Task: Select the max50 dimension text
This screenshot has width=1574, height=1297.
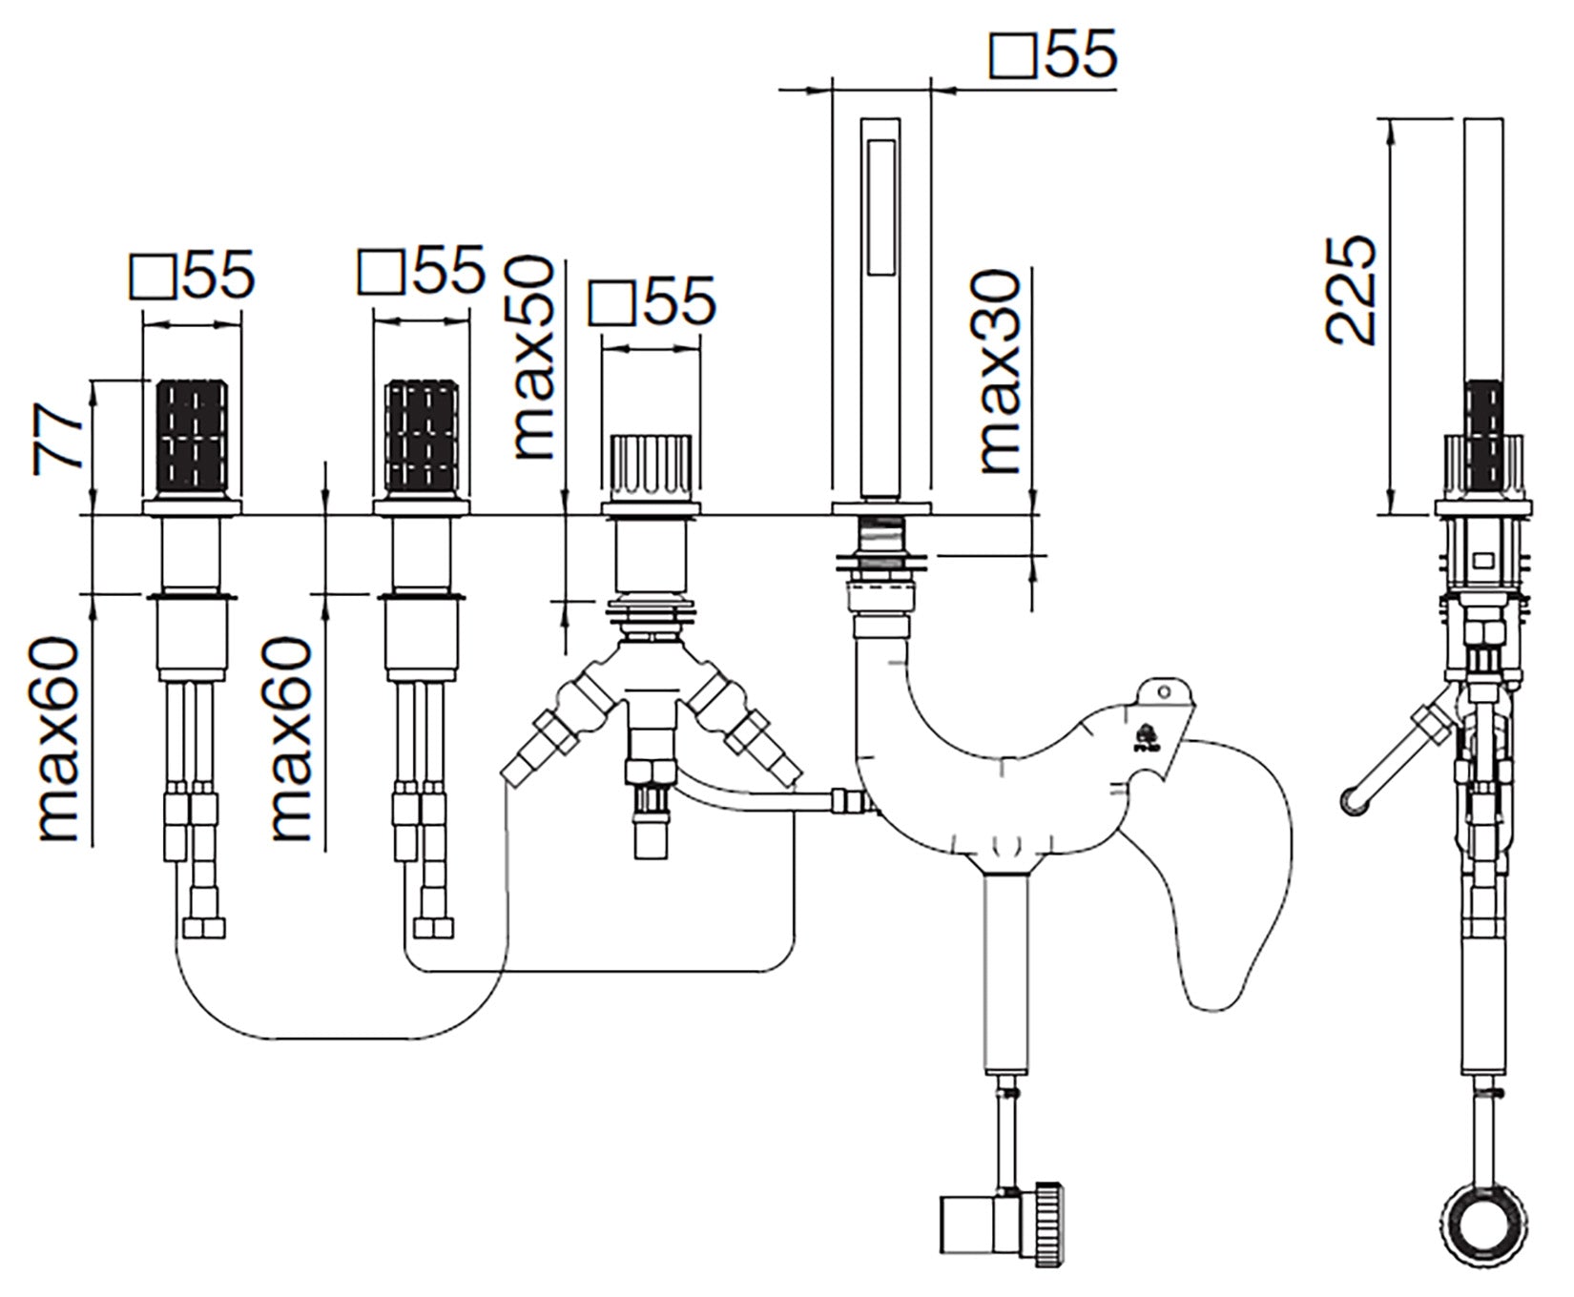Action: point(532,358)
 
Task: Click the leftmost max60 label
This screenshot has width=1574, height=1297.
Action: point(59,740)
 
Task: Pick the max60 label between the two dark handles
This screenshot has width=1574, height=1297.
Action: point(292,740)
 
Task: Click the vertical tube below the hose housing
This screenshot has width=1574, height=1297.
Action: point(1007,973)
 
